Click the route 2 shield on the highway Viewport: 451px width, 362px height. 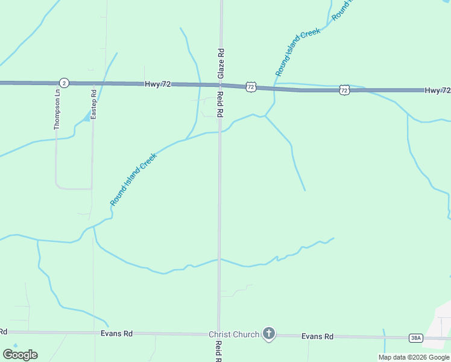coord(64,83)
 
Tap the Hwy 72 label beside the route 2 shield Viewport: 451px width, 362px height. coord(157,84)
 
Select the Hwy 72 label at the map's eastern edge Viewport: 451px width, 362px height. coord(437,91)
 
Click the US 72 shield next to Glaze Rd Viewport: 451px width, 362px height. coord(251,87)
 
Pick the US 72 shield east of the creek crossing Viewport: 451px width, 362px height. coord(344,90)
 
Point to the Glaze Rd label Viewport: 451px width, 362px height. coord(221,63)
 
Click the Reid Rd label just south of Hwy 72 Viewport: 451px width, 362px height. coord(221,104)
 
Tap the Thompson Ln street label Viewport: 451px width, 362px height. coord(57,110)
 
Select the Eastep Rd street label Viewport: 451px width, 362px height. coord(93,104)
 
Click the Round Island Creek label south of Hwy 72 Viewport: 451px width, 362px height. coord(134,179)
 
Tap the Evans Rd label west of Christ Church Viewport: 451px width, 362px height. coord(116,334)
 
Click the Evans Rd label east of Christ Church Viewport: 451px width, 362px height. coord(317,336)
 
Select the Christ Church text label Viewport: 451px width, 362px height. coord(234,334)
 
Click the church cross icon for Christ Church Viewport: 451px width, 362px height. coord(269,334)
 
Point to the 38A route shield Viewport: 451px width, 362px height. coord(415,338)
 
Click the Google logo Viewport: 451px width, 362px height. coord(20,355)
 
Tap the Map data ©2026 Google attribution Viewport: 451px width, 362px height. coord(414,357)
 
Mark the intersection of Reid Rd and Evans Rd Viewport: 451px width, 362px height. coord(218,333)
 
